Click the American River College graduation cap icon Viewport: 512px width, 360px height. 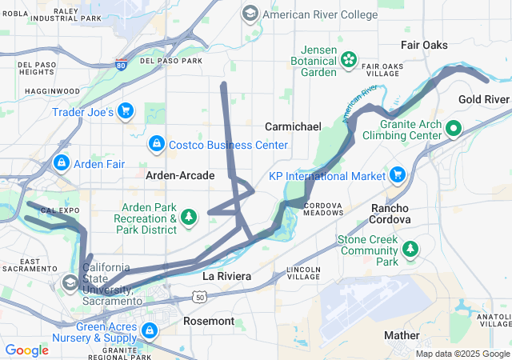tap(250, 14)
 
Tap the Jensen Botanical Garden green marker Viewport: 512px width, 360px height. tap(349, 58)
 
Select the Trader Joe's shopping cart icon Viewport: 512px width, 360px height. tap(125, 111)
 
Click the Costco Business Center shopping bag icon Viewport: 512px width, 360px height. tap(156, 144)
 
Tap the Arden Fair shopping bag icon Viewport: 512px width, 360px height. tap(61, 163)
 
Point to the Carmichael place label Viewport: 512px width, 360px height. tap(293, 126)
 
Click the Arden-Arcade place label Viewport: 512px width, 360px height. tap(180, 174)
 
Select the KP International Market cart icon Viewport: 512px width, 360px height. tap(397, 174)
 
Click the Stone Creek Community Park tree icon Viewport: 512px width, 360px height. tap(410, 250)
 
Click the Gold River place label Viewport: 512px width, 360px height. tap(484, 99)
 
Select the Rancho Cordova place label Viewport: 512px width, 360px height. tap(390, 218)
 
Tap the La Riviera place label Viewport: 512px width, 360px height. tap(226, 276)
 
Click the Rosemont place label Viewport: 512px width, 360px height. tap(208, 321)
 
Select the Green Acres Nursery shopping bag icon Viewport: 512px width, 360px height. tap(149, 330)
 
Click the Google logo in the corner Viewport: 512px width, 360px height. tap(26, 350)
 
